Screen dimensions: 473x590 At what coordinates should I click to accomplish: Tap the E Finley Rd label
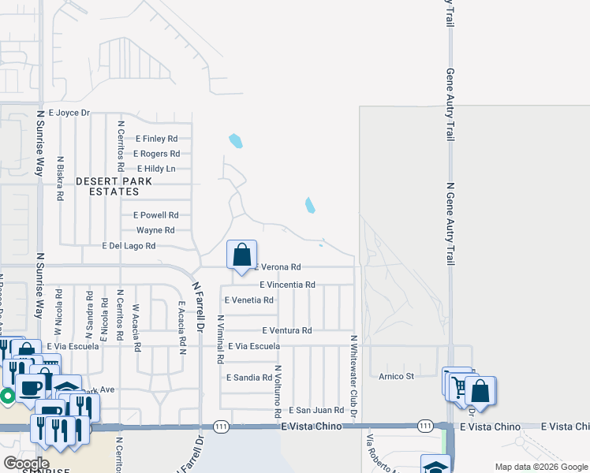click(156, 139)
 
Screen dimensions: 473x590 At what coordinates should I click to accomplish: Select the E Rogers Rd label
click(157, 154)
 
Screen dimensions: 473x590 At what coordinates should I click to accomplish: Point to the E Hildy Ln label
click(156, 169)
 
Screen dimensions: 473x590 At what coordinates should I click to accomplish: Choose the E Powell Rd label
click(156, 214)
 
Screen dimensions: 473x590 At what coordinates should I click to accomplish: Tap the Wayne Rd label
click(155, 230)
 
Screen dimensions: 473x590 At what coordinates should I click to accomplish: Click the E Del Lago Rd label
click(129, 246)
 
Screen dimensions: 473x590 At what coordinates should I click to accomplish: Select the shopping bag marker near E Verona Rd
click(242, 255)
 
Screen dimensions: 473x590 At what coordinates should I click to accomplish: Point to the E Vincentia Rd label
click(287, 285)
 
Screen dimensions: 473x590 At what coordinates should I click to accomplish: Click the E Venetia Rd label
click(248, 300)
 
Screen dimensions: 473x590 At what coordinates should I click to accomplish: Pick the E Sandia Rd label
click(248, 378)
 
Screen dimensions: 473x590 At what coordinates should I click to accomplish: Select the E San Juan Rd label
click(316, 410)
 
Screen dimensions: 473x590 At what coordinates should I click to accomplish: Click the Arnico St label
click(396, 377)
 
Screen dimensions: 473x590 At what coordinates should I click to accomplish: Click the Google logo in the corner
click(25, 464)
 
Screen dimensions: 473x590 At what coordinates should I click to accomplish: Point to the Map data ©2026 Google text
click(540, 467)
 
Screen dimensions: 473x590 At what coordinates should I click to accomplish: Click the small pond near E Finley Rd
click(235, 142)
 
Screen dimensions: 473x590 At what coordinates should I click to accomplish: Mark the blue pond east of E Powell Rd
click(310, 206)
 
